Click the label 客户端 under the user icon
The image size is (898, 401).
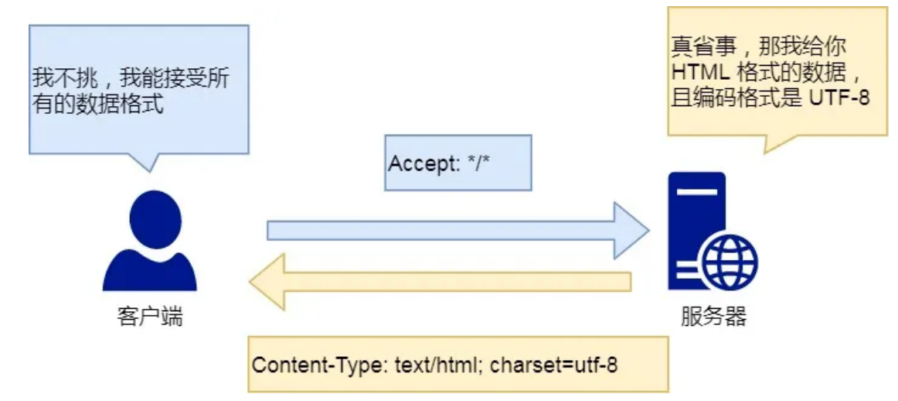coord(149,317)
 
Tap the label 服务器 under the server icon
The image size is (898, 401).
coord(713,317)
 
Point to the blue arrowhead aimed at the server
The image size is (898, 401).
coord(631,231)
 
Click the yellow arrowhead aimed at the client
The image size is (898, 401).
coord(267,282)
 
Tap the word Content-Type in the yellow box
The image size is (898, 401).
coord(321,365)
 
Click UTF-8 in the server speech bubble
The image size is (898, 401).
coord(840,98)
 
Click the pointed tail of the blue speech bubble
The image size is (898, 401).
coord(150,172)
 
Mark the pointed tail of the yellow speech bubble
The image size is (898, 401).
coord(765,153)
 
